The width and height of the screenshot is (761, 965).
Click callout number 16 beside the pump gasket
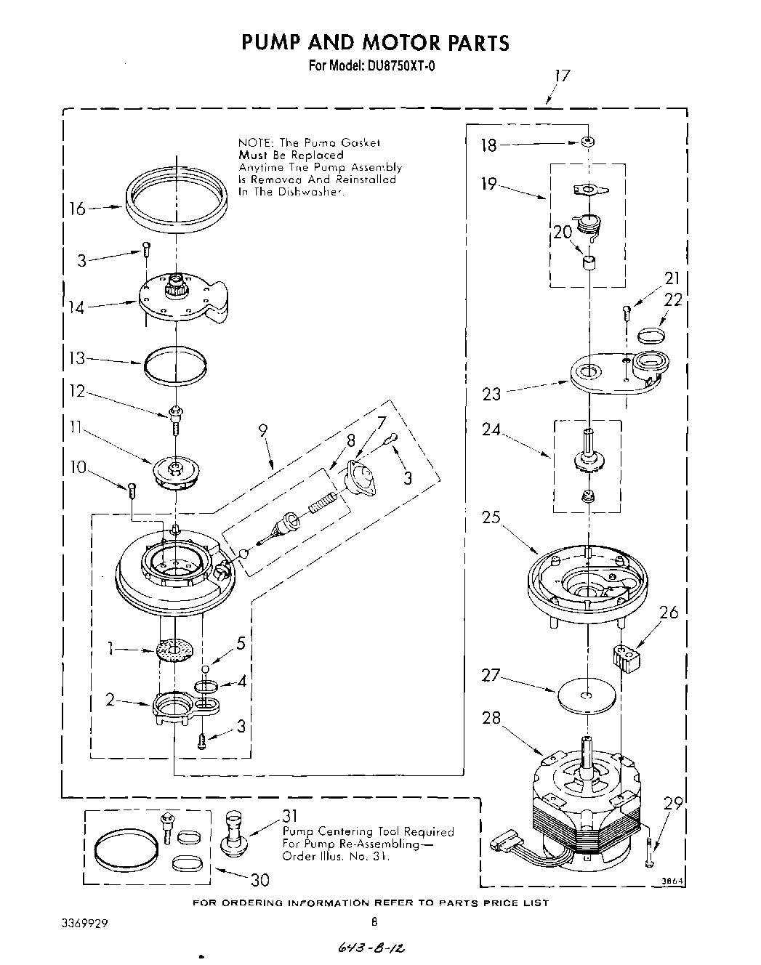click(x=77, y=209)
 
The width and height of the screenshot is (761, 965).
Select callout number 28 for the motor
click(x=491, y=718)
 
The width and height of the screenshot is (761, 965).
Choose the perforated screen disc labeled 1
click(x=175, y=649)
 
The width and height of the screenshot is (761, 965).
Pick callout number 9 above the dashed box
click(x=262, y=430)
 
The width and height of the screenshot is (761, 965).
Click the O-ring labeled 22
click(x=651, y=335)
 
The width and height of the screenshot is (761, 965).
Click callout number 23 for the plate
click(x=491, y=395)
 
